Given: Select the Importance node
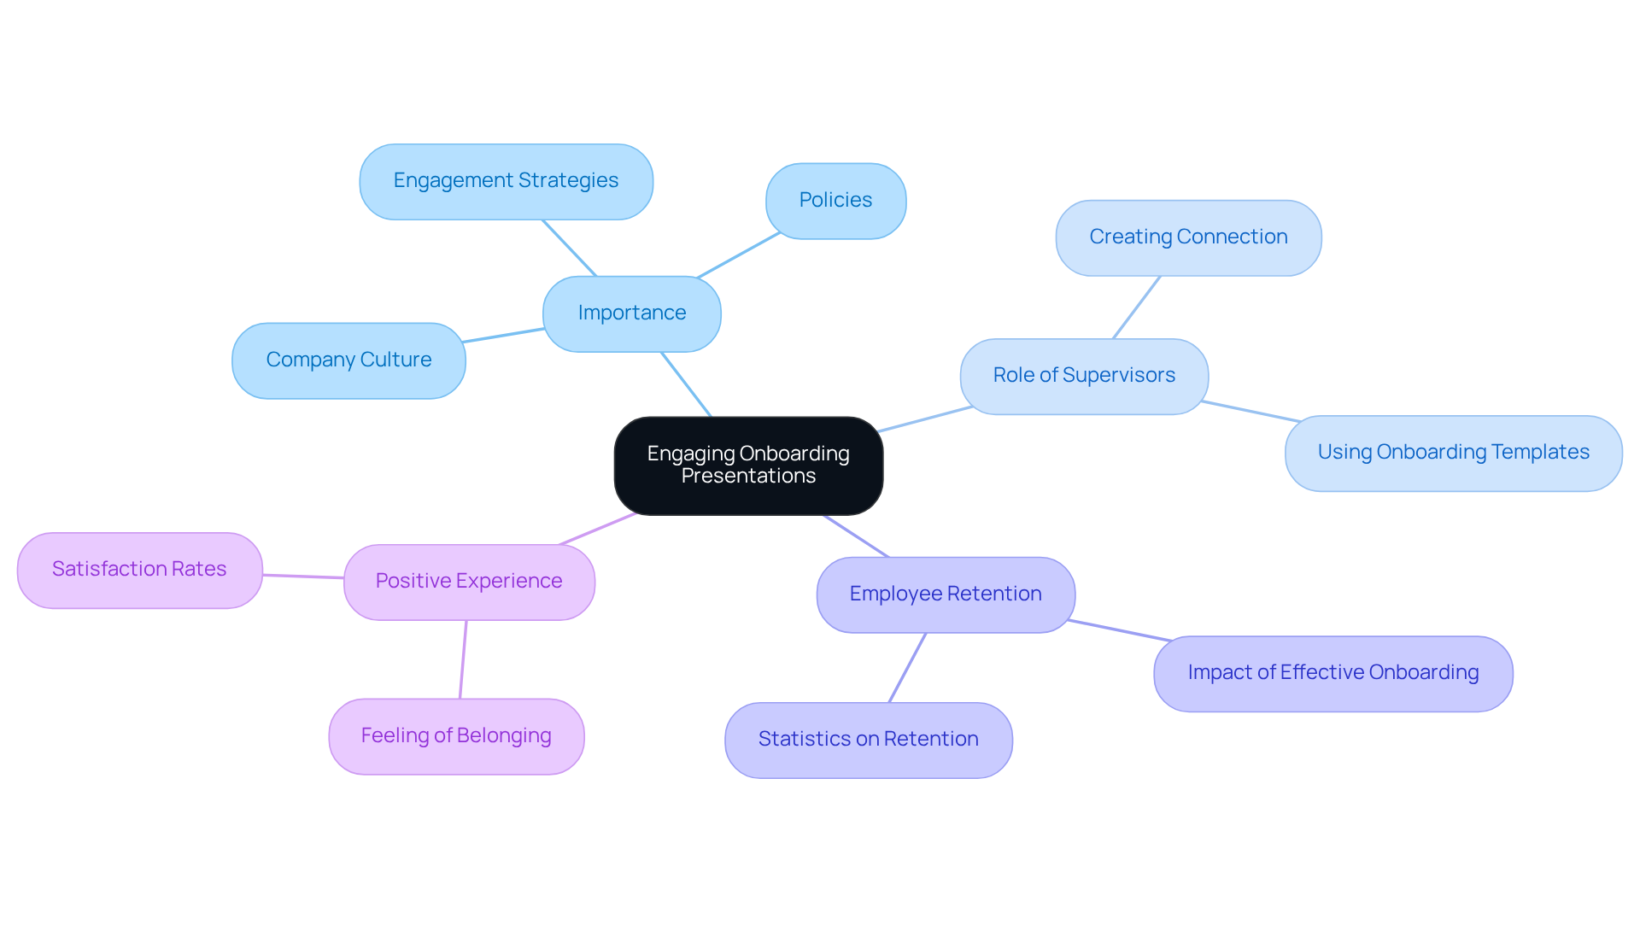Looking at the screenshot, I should [631, 313].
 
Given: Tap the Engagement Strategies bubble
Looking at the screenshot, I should [506, 181].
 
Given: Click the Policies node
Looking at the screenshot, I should [835, 201].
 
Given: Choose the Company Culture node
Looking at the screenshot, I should [348, 360].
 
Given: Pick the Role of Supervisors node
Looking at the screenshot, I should [1083, 376].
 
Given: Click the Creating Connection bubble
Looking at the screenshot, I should [1187, 237].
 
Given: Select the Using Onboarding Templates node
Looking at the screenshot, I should [1452, 453].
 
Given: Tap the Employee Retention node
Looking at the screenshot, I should [945, 594].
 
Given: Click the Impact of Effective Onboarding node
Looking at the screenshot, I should [1332, 673].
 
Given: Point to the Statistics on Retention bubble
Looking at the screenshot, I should [868, 740].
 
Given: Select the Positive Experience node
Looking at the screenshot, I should [469, 582].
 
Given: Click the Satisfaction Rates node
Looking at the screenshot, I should [139, 570].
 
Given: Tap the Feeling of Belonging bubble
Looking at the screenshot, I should [456, 736].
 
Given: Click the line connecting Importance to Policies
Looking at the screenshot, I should [739, 255].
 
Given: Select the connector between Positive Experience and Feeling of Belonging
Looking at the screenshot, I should [463, 659].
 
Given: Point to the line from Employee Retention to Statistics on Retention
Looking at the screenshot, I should [907, 668].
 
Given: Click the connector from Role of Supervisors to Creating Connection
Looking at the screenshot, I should [1136, 307].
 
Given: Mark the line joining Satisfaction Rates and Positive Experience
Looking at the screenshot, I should [303, 577].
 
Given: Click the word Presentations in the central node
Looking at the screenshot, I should [748, 477].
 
